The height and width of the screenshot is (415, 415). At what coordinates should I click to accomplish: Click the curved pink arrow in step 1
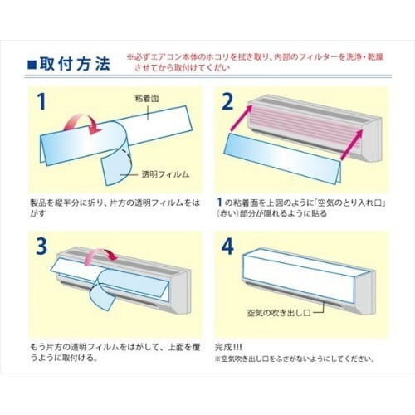coord(85,124)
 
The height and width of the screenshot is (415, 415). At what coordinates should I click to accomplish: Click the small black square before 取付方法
coord(31,63)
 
